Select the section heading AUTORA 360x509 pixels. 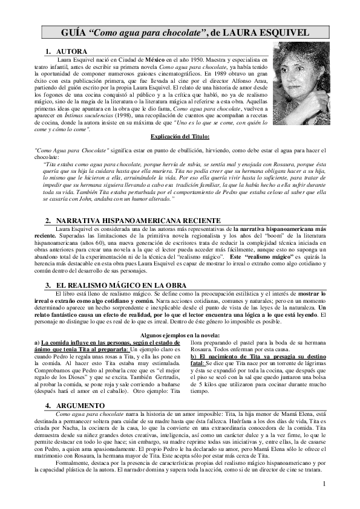71,53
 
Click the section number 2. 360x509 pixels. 48,221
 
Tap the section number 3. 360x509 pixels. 48,285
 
